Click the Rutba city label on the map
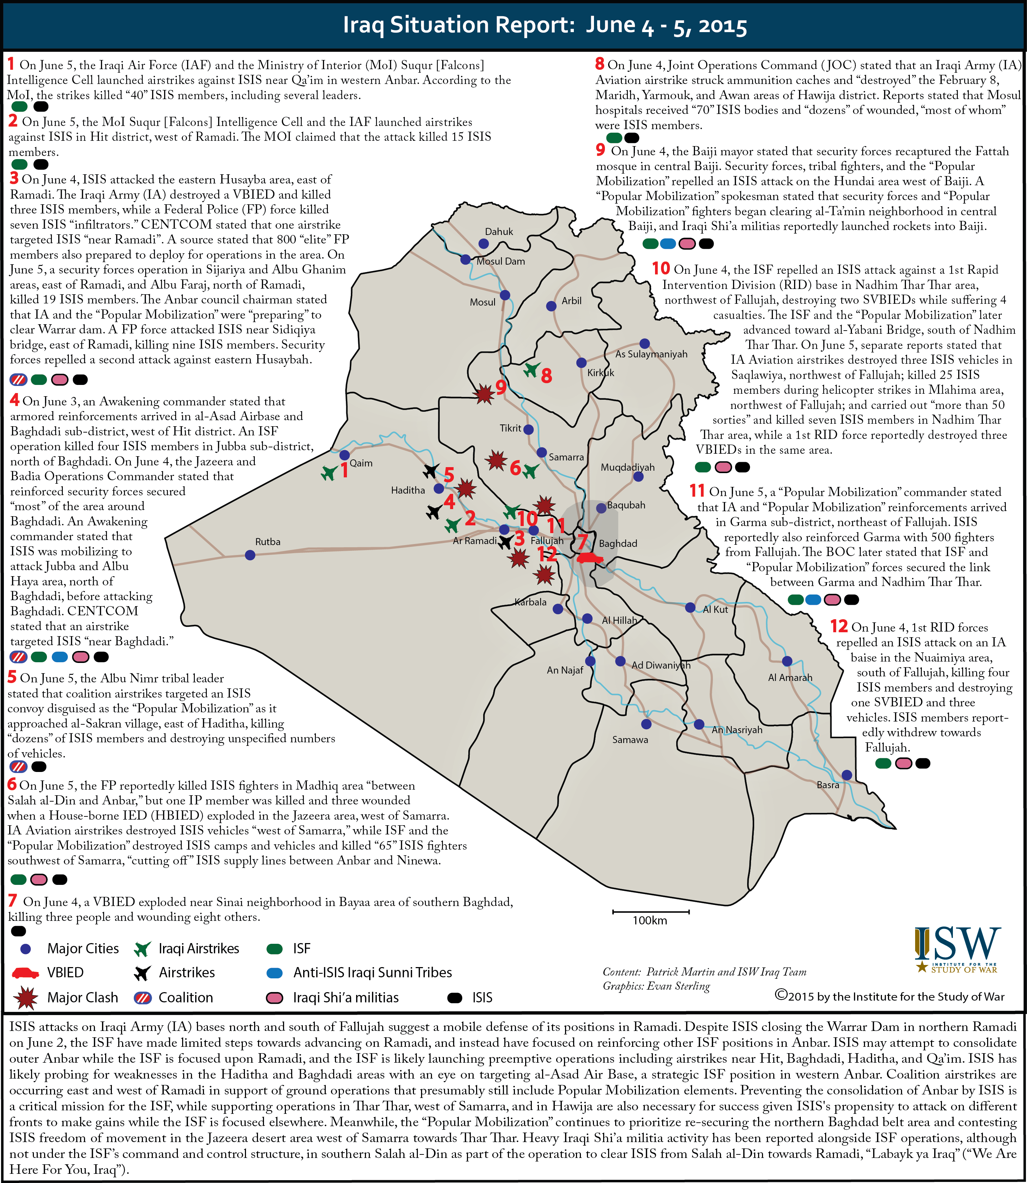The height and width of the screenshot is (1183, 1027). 268,541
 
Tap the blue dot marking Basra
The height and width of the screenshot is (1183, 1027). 846,775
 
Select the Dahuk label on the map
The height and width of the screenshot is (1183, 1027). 499,231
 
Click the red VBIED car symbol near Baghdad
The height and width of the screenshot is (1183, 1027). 589,557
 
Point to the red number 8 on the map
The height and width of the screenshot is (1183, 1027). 547,376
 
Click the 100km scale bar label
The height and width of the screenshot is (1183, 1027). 649,921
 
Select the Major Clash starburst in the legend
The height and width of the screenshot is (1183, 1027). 25,997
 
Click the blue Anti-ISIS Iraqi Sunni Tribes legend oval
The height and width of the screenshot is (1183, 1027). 275,973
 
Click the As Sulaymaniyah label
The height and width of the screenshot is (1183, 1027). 651,354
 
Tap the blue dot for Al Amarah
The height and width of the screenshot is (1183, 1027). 787,661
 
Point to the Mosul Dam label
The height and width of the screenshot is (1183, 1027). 500,261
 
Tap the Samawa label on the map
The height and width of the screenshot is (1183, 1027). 630,740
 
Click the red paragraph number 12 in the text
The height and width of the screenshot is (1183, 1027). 839,626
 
